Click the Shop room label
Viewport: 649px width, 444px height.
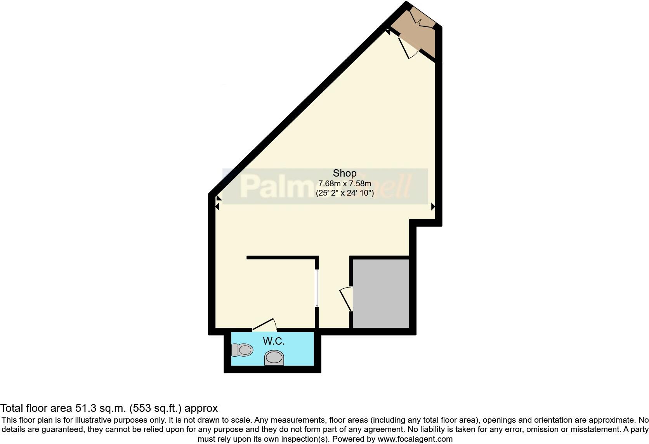click(345, 173)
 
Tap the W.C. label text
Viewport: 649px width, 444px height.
click(274, 341)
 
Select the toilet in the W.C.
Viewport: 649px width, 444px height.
click(242, 350)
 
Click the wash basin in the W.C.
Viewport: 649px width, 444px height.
click(274, 357)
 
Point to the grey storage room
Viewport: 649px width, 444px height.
click(381, 293)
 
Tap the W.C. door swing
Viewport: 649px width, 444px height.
click(265, 325)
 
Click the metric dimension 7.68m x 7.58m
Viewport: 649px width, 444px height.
click(345, 183)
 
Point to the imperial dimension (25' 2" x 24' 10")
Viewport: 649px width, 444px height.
click(345, 193)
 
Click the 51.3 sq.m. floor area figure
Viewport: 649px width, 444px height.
click(101, 408)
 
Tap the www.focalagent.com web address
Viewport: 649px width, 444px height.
click(415, 439)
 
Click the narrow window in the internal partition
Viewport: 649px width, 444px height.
click(317, 288)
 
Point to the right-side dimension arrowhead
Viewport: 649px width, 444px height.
click(433, 207)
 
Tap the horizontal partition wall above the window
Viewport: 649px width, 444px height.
click(282, 257)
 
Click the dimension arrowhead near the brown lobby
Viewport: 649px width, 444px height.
click(388, 33)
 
